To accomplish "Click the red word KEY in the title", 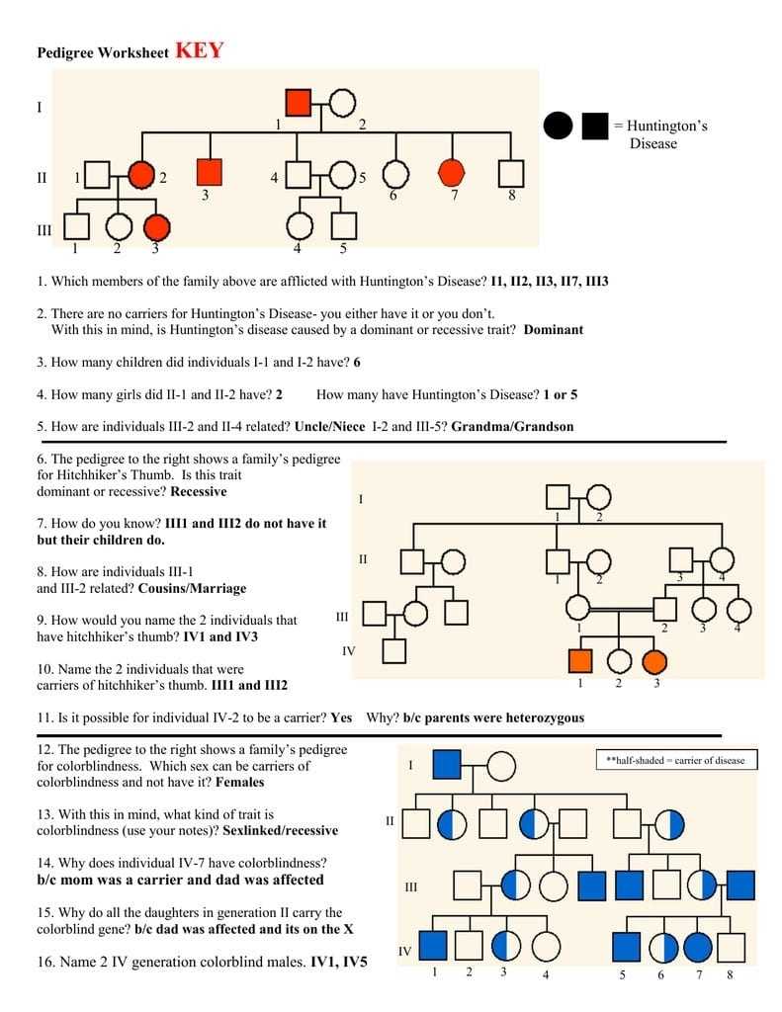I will [199, 51].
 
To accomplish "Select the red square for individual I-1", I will [298, 102].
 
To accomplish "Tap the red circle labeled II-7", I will [452, 173].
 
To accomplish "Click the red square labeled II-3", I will [209, 172].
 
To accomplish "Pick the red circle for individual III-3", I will [156, 227].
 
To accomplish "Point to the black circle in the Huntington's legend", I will [558, 126].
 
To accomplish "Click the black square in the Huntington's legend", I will [594, 126].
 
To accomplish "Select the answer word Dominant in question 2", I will [554, 330].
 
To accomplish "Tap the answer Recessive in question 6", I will [199, 491].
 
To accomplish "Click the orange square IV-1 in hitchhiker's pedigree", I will [580, 661].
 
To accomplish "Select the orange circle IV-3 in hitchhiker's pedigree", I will [654, 661].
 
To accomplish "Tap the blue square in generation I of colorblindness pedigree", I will [447, 764].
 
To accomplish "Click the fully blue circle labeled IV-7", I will [698, 947].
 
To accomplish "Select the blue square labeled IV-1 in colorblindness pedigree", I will [433, 946].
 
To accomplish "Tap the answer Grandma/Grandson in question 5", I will [512, 426].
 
